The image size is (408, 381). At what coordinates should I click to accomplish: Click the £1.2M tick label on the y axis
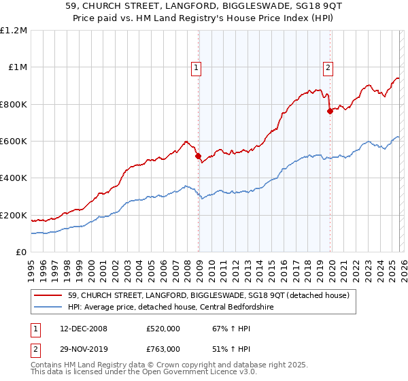click(14, 31)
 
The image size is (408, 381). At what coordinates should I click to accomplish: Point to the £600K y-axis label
click(14, 142)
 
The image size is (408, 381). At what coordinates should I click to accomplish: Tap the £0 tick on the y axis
click(22, 252)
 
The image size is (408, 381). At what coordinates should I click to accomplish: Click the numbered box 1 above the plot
click(197, 67)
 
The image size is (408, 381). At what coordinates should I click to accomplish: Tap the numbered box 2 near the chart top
click(328, 67)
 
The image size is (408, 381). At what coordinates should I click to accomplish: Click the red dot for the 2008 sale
click(199, 156)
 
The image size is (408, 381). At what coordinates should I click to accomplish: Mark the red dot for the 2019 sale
click(330, 112)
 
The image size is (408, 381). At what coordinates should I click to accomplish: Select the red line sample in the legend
click(49, 295)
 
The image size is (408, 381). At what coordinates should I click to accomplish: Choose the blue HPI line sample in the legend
click(49, 307)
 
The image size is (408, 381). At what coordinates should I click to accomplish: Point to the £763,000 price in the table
click(163, 349)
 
